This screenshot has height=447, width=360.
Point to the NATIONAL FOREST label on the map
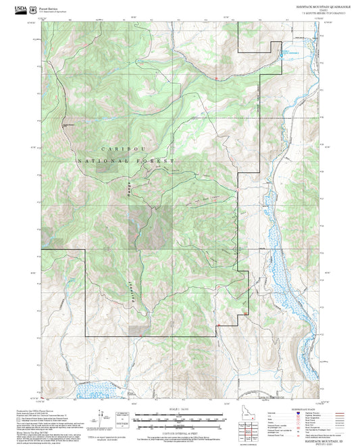[126, 161]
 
